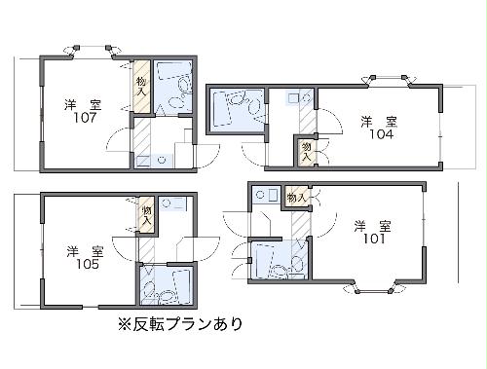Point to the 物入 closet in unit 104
pos(307,151)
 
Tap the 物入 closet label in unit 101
pos(296,198)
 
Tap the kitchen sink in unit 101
pos(261,196)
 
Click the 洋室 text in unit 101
pos(373,226)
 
